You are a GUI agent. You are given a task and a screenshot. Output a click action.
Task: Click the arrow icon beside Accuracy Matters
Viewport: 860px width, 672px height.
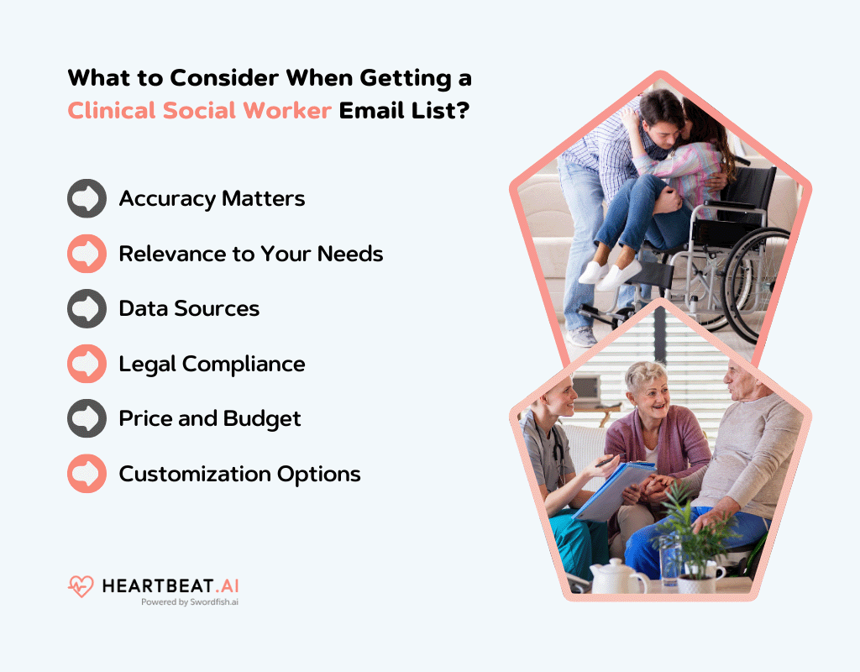coord(87,199)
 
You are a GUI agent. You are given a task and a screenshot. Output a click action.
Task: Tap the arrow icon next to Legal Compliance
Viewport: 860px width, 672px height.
coord(87,364)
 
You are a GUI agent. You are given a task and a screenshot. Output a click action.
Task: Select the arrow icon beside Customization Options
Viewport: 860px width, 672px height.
coord(87,474)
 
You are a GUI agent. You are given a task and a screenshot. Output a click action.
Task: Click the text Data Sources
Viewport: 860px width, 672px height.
coord(189,308)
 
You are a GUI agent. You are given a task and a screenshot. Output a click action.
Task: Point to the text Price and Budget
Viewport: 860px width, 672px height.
coord(210,418)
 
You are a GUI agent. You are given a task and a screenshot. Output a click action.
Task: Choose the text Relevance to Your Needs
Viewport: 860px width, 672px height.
coord(250,254)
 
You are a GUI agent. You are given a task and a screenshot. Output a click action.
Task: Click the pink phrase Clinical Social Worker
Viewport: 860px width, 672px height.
coord(199,110)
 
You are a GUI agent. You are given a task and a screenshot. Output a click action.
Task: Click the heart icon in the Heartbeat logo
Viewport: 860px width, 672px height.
coord(81,585)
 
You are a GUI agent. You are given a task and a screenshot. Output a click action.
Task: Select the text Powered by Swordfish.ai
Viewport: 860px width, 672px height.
coord(190,602)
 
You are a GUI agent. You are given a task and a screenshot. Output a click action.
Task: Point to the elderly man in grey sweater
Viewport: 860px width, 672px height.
coord(747,445)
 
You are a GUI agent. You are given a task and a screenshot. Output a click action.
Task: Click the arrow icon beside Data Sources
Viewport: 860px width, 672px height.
coord(87,308)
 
